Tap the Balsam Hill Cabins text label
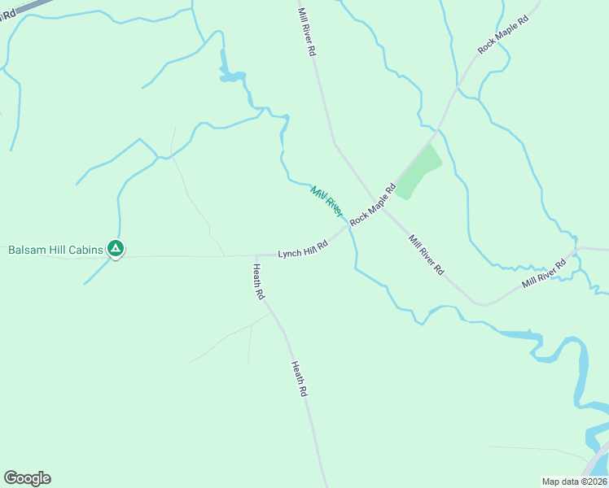pyautogui.click(x=56, y=250)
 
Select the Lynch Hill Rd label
pyautogui.click(x=303, y=249)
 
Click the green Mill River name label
pyautogui.click(x=326, y=200)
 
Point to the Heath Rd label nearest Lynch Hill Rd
pyautogui.click(x=258, y=282)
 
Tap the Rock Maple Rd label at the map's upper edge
pyautogui.click(x=503, y=33)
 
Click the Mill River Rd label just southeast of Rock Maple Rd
pyautogui.click(x=427, y=255)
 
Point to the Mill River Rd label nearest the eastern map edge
pyautogui.click(x=544, y=273)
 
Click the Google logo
pyautogui.click(x=27, y=478)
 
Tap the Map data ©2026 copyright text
pyautogui.click(x=574, y=481)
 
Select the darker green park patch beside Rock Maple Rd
pyautogui.click(x=419, y=172)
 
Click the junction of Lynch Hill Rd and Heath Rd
pyautogui.click(x=256, y=255)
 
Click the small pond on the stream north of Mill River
pyautogui.click(x=231, y=77)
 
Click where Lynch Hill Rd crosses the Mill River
pyautogui.click(x=350, y=228)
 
